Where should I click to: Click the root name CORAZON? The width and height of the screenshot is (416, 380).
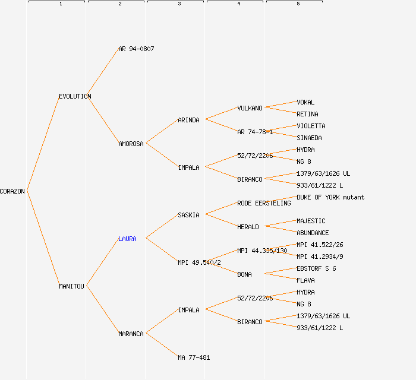click(12, 191)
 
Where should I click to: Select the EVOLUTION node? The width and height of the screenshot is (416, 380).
click(75, 96)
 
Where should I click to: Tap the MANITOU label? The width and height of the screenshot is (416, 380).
click(72, 286)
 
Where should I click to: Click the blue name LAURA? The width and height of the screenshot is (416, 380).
click(127, 239)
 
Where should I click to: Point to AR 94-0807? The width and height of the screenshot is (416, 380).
click(136, 49)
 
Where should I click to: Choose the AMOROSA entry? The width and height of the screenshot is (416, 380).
click(131, 144)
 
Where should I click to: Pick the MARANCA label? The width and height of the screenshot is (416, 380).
click(131, 334)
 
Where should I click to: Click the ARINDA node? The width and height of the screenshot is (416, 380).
click(188, 120)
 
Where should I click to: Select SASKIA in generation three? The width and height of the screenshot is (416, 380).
click(188, 215)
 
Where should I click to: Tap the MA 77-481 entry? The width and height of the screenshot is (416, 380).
click(194, 357)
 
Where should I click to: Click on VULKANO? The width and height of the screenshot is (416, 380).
click(250, 108)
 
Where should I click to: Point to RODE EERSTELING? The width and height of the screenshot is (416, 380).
click(264, 203)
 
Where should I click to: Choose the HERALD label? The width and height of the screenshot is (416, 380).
click(248, 227)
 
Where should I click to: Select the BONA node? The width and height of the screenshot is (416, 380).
click(244, 274)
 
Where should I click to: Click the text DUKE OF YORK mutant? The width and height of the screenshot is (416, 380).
click(330, 197)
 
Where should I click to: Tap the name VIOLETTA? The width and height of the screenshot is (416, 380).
click(311, 126)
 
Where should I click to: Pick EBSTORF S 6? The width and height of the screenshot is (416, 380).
click(316, 268)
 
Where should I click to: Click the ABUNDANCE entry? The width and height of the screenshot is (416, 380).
click(313, 233)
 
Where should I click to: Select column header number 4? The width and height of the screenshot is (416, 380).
click(238, 4)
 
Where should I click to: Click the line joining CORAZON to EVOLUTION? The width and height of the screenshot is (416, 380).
click(43, 144)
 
